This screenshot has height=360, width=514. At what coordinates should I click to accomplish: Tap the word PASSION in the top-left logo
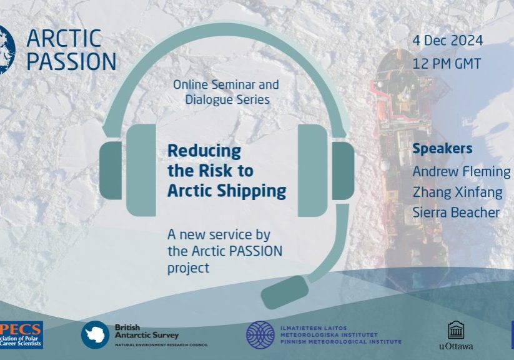71,61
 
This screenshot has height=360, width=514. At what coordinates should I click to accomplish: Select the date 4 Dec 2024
447,41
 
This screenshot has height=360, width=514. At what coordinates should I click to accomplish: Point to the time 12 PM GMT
447,64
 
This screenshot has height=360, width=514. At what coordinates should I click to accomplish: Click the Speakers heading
442,149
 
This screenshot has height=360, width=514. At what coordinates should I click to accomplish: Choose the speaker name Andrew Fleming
461,171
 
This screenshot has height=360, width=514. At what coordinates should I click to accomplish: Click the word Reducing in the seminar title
204,151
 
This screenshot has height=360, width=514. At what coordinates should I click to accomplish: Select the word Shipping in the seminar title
256,191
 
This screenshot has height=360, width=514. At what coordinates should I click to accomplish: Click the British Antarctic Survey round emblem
95,334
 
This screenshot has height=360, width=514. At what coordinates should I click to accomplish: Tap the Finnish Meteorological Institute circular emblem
260,334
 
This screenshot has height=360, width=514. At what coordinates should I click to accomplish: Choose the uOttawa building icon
456,330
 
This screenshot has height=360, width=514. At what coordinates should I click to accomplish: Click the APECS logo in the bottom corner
21,334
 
